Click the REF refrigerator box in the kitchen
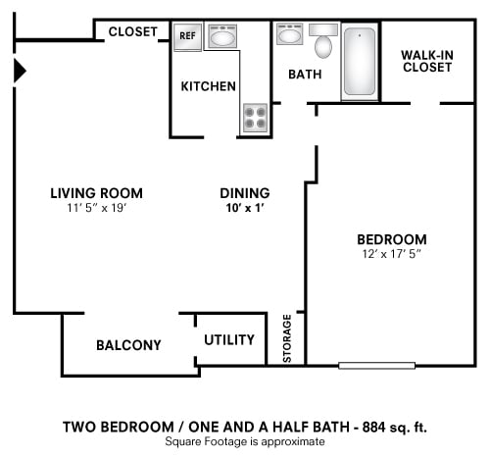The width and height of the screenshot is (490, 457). point(188,38)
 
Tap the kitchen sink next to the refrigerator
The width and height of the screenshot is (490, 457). point(222,39)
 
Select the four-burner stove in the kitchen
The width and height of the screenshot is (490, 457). point(255,118)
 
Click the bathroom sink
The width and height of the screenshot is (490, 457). point(289,37)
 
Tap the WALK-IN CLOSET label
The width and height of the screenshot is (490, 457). point(426,61)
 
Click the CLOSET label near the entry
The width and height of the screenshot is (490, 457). point(132,31)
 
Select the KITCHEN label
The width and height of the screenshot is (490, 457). point(208,86)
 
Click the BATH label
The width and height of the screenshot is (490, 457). point(306,75)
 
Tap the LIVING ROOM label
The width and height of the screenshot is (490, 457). point(96,192)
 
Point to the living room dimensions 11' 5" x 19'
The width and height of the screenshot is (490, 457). point(96,208)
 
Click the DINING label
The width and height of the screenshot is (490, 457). point(244,193)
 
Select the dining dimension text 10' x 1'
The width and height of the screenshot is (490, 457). point(244,209)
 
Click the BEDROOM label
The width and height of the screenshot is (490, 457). point(391,239)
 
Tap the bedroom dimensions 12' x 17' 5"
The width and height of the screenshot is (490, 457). point(391,254)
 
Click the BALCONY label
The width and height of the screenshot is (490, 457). point(128,345)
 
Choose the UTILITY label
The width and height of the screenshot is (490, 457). point(229,339)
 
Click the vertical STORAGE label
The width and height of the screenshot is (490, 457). point(287,338)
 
